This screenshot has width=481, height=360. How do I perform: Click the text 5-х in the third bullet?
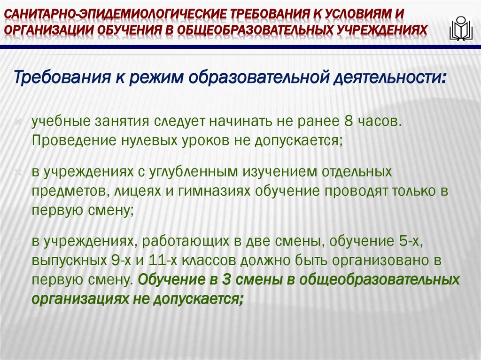408,242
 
